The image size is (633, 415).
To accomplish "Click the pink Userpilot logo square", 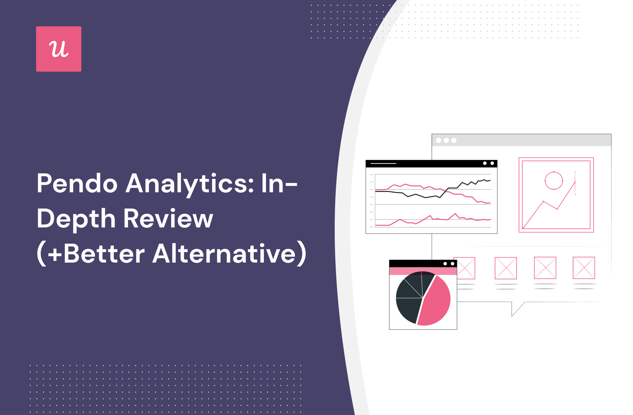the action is (x=59, y=49).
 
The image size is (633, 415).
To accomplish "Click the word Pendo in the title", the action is (x=77, y=184).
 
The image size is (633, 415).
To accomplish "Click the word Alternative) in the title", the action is (x=230, y=253).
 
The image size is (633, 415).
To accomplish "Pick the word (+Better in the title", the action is (x=91, y=253).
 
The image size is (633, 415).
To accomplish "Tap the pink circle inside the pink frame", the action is (x=554, y=181).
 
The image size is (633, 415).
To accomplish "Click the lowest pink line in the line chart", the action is (x=433, y=220).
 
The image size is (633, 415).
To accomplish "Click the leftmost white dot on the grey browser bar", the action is (x=439, y=140).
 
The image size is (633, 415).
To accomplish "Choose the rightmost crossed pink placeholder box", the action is (x=584, y=268).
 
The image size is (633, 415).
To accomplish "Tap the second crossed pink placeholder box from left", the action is (x=506, y=268).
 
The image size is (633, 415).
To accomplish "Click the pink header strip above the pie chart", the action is (x=423, y=271).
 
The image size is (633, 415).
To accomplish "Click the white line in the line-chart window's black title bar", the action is (x=383, y=164).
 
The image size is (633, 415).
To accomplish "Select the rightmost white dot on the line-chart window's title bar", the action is (x=492, y=163).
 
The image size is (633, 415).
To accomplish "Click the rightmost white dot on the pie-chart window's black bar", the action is (x=452, y=264).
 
